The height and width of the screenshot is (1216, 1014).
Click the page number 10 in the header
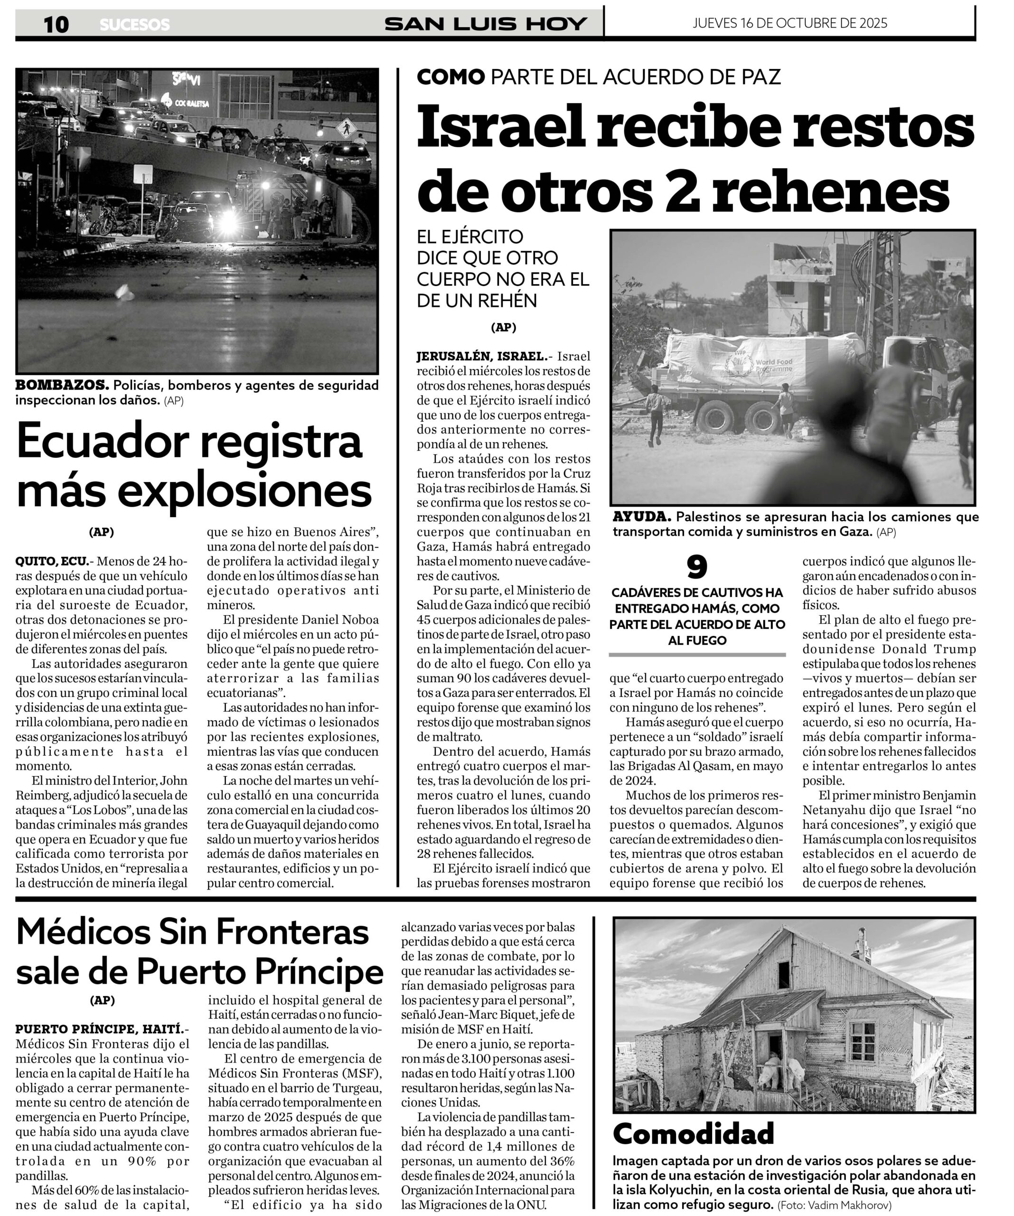[56, 24]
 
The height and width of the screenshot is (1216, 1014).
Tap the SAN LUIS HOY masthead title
[486, 24]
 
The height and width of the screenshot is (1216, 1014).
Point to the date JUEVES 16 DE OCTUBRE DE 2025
[789, 23]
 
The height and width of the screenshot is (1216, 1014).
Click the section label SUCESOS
[135, 25]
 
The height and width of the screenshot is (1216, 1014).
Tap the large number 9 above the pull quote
[697, 568]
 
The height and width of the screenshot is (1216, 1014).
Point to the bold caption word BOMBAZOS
[62, 385]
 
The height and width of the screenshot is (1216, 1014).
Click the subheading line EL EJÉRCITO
[470, 237]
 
